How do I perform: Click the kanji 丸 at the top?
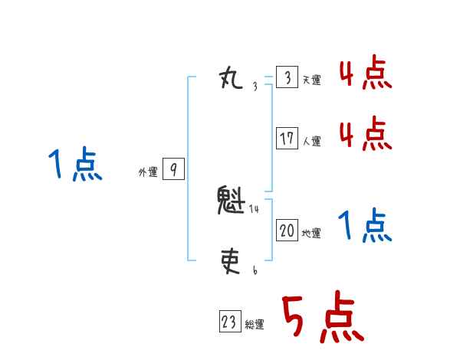232,77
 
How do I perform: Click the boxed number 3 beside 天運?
287,78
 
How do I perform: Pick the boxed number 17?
287,139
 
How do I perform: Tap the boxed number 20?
287,231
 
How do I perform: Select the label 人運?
311,141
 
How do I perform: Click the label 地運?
311,233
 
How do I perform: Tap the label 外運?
148,173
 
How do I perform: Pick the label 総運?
255,325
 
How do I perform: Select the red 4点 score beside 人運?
366,134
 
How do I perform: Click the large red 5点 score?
322,318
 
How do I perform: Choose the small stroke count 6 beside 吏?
255,270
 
